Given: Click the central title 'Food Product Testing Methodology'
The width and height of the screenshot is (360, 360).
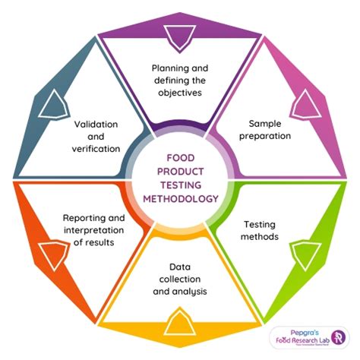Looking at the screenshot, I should pos(180,178).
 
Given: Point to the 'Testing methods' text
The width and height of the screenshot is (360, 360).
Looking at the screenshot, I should pos(259,231).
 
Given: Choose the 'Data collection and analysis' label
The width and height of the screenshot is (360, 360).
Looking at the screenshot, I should pos(180,280).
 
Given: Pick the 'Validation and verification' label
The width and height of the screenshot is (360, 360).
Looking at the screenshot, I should pos(96,134).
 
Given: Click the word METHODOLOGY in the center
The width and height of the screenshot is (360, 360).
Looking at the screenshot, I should pos(180,199).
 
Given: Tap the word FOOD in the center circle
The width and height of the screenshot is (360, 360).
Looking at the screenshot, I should pos(180,159).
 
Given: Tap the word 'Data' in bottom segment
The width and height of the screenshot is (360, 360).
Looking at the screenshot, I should pos(180,267).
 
